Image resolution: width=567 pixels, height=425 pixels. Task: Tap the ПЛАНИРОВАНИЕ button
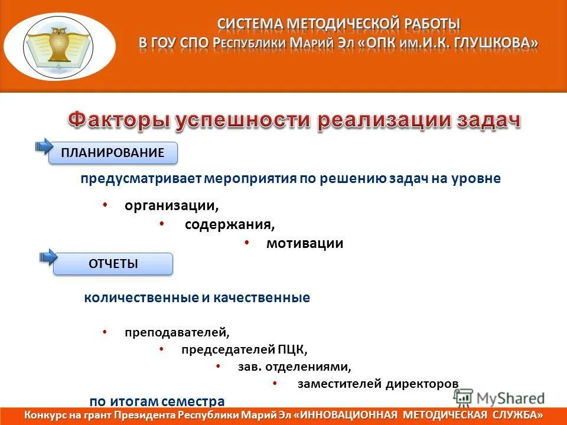point(114,153)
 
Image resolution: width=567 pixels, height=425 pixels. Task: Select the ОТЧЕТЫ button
point(113,264)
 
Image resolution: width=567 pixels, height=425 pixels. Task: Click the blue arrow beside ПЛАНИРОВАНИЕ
point(44,146)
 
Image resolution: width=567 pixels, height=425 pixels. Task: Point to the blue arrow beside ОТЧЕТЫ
point(47,257)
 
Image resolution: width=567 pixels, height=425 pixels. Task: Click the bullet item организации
point(171,206)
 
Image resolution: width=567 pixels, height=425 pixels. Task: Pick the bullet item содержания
point(229,225)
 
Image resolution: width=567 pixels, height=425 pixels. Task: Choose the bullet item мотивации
point(304,243)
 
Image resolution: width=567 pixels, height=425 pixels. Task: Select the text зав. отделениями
point(294,367)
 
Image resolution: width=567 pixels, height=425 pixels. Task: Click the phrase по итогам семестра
point(157,401)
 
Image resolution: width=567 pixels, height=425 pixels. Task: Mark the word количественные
point(141,298)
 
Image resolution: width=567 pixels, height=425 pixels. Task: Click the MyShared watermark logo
point(500,398)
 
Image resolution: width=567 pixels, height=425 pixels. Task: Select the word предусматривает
point(141,179)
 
